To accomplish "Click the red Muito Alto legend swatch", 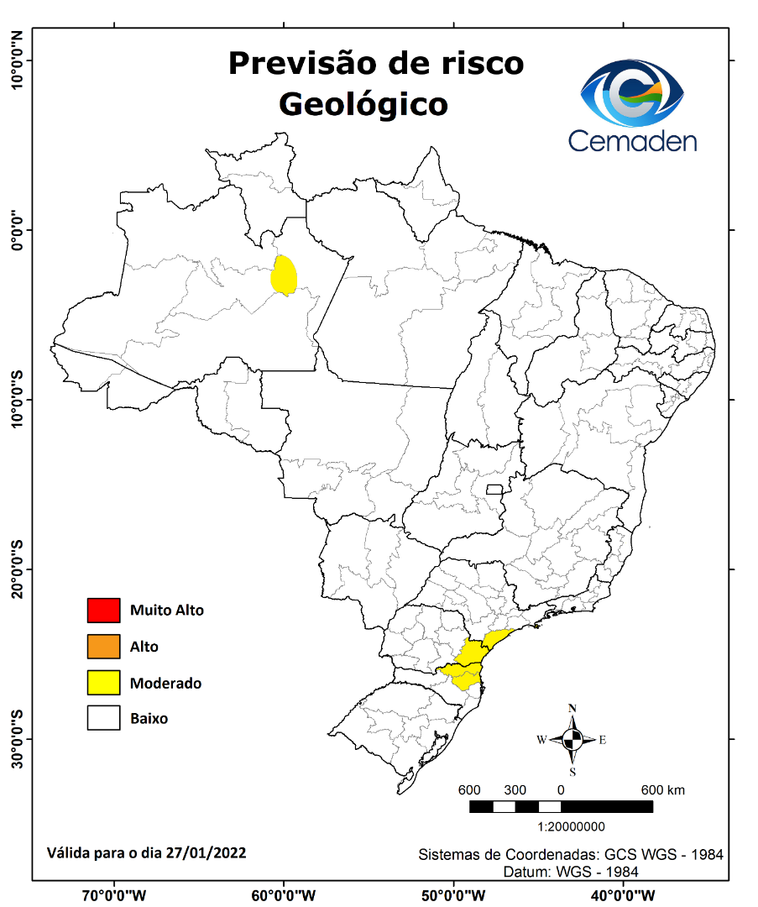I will (103, 611).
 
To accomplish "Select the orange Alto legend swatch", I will (103, 647).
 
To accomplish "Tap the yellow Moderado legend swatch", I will (103, 683).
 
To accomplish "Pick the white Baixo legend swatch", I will (103, 719).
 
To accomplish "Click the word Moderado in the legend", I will (165, 684).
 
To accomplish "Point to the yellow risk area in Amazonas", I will (285, 275).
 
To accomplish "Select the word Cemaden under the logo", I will (632, 140).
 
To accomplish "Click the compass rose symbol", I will (572, 740).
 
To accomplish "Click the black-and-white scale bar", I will (561, 807).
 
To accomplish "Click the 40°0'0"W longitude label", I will (622, 895).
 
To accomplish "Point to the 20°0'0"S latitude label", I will (16, 569).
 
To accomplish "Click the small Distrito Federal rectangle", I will (494, 490).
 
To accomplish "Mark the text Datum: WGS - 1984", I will (571, 872).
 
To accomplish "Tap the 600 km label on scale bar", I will (663, 790).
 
